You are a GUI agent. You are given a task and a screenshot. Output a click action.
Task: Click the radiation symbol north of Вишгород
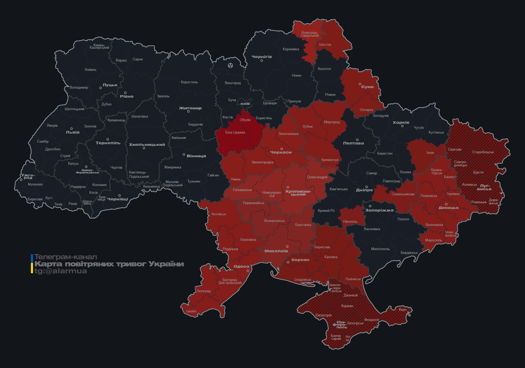click(x=230, y=65)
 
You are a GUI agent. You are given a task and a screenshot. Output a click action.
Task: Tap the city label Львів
click(x=72, y=132)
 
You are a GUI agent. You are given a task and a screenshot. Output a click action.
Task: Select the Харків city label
click(x=401, y=122)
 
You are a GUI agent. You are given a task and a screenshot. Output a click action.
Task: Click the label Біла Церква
click(x=235, y=132)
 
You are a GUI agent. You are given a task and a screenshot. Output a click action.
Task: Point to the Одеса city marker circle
click(x=248, y=271)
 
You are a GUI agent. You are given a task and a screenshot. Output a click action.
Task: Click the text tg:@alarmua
click(x=61, y=271)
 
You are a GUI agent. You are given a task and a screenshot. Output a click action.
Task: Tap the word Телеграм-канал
click(x=66, y=257)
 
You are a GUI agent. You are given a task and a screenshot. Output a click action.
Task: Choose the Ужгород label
click(x=28, y=176)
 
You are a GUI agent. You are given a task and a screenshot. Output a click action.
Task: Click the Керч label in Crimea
click(x=403, y=309)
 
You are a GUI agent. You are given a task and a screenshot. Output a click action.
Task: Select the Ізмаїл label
click(x=191, y=311)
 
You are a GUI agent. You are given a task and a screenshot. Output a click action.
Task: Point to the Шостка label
click(x=325, y=44)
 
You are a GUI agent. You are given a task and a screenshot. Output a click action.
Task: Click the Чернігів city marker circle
click(x=262, y=61)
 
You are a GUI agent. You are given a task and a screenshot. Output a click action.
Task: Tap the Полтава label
click(x=353, y=143)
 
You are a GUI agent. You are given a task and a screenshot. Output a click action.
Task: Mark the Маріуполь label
click(x=433, y=240)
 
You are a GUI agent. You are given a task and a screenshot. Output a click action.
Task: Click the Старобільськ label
click(x=483, y=152)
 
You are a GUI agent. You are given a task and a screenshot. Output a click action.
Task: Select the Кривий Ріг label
click(x=326, y=210)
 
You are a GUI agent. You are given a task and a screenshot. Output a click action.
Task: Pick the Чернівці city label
click(x=117, y=199)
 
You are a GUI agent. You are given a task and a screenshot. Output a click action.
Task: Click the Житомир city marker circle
click(x=188, y=111)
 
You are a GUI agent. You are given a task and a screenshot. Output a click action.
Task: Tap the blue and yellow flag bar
click(x=32, y=264)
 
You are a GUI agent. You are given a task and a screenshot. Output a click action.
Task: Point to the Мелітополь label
click(x=380, y=249)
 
